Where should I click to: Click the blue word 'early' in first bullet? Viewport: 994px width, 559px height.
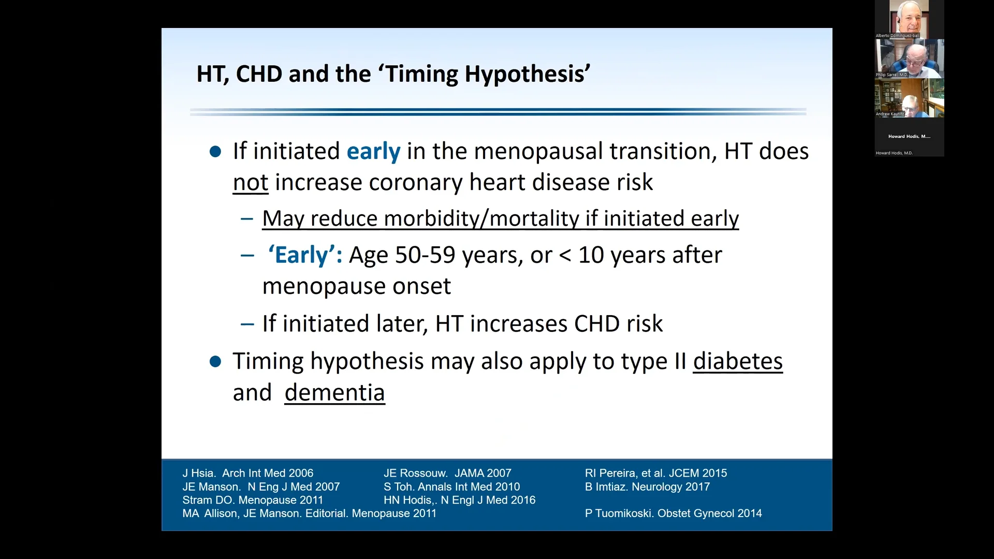[x=373, y=152]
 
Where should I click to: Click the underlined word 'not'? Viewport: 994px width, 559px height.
[x=251, y=183]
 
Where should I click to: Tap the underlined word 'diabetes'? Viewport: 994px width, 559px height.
[x=738, y=361]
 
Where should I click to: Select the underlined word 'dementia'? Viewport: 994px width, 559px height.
[x=334, y=393]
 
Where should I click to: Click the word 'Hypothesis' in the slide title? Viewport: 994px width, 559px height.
[x=527, y=74]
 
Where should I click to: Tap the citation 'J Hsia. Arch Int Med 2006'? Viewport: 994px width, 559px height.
[x=247, y=473]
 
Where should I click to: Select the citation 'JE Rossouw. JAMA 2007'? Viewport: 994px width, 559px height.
[x=447, y=473]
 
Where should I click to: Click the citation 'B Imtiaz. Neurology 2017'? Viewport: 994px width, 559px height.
[x=647, y=487]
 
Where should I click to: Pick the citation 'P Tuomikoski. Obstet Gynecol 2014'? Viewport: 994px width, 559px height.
[x=673, y=513]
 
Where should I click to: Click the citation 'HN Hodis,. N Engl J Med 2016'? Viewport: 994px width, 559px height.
[x=459, y=500]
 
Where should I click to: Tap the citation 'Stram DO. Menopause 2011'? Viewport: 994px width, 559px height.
[x=253, y=500]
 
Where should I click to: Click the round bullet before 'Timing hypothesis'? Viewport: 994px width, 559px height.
[x=215, y=361]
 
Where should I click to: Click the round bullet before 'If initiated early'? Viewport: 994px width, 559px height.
[x=215, y=152]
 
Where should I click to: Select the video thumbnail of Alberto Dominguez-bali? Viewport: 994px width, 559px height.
[x=909, y=19]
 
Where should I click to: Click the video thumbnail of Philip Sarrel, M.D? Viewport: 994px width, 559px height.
[x=909, y=58]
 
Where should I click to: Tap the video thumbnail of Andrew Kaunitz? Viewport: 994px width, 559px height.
[x=909, y=98]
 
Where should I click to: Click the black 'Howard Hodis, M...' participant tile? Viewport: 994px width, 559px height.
[x=909, y=137]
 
